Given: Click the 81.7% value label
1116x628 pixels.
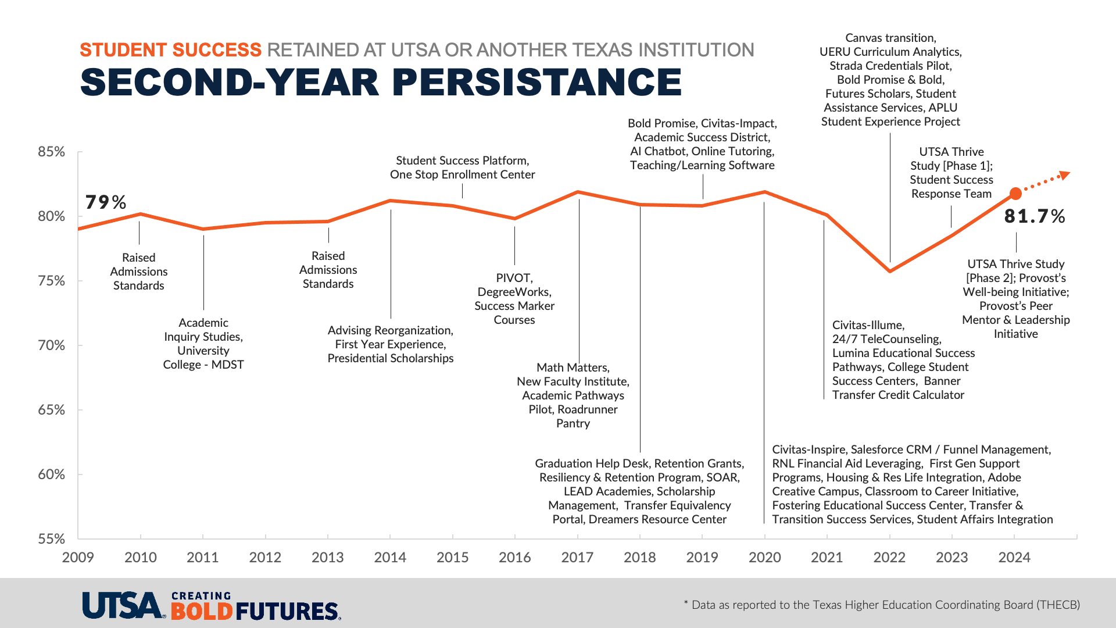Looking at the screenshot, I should pyautogui.click(x=1034, y=216).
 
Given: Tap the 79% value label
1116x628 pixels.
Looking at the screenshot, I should pyautogui.click(x=105, y=202).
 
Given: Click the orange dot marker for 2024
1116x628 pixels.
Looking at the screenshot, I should pyautogui.click(x=1015, y=193).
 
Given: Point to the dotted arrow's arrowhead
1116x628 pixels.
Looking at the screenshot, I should pyautogui.click(x=1065, y=174).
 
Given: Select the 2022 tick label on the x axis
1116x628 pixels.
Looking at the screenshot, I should pyautogui.click(x=889, y=558).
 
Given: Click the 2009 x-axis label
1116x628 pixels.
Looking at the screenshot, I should pyautogui.click(x=78, y=558).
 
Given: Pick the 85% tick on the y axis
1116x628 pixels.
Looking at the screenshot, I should pyautogui.click(x=51, y=152).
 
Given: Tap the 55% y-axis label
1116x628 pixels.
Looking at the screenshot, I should pyautogui.click(x=51, y=539).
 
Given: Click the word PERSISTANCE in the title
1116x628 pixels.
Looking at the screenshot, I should pyautogui.click(x=537, y=82).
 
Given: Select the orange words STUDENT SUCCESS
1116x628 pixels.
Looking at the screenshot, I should pyautogui.click(x=170, y=50).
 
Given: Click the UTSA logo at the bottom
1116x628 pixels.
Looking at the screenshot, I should pyautogui.click(x=123, y=606).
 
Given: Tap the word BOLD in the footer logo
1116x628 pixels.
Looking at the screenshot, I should pyautogui.click(x=202, y=612).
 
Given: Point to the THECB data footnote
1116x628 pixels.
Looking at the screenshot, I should pyautogui.click(x=882, y=605).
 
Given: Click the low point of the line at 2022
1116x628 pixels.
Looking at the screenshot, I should pyautogui.click(x=890, y=271).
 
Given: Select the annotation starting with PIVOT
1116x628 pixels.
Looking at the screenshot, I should pyautogui.click(x=514, y=299).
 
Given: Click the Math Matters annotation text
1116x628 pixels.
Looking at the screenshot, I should pyautogui.click(x=573, y=395).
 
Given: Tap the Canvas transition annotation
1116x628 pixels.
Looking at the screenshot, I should pyautogui.click(x=890, y=80).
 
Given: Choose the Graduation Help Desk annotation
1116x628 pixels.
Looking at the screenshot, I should pyautogui.click(x=639, y=491).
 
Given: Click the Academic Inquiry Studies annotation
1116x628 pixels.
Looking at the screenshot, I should pyautogui.click(x=203, y=344).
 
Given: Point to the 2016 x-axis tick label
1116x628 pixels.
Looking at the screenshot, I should pyautogui.click(x=514, y=558).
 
